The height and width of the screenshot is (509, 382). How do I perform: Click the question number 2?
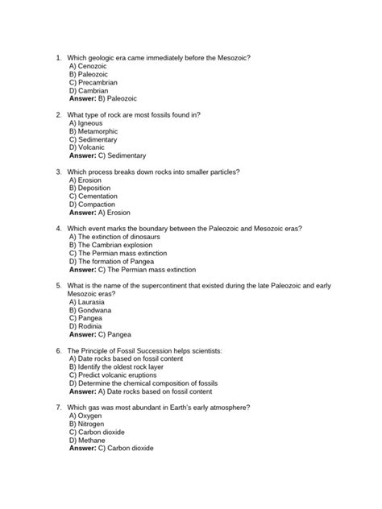[x=58, y=115]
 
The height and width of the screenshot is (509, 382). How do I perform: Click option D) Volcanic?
[x=88, y=148]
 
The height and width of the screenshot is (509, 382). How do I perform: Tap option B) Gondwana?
[x=91, y=312]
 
